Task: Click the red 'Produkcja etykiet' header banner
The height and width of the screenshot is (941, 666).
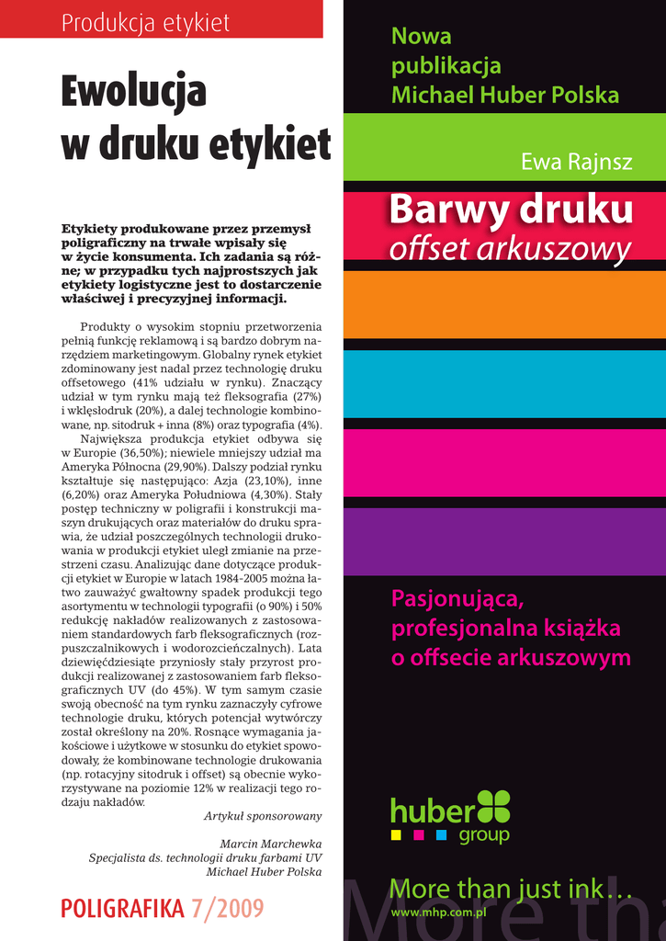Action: click(x=161, y=19)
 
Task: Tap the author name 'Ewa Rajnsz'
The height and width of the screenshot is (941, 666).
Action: click(x=576, y=163)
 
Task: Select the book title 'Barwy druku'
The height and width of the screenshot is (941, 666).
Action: click(x=511, y=210)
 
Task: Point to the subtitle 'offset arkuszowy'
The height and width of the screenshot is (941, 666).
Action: click(x=511, y=247)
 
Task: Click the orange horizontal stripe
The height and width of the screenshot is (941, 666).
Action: click(x=504, y=303)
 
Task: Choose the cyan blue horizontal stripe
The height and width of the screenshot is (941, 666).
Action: click(x=504, y=383)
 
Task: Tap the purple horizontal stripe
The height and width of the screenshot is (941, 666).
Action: click(x=504, y=541)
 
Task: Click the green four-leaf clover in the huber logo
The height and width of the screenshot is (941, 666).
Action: click(x=493, y=806)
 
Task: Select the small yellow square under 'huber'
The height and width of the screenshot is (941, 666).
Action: click(x=396, y=835)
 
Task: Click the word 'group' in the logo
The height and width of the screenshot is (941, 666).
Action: click(x=483, y=836)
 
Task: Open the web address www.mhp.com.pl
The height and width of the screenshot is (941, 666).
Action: click(x=438, y=913)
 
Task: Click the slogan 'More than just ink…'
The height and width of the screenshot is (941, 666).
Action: click(x=511, y=889)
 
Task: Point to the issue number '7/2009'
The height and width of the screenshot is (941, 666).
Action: click(x=228, y=909)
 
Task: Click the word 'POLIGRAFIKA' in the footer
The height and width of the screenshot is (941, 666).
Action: click(x=122, y=909)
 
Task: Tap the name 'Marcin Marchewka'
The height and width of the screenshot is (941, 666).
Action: click(x=271, y=844)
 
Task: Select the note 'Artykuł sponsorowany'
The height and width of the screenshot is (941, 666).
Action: click(x=263, y=816)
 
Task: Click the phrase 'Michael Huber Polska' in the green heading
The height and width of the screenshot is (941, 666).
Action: click(x=504, y=94)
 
